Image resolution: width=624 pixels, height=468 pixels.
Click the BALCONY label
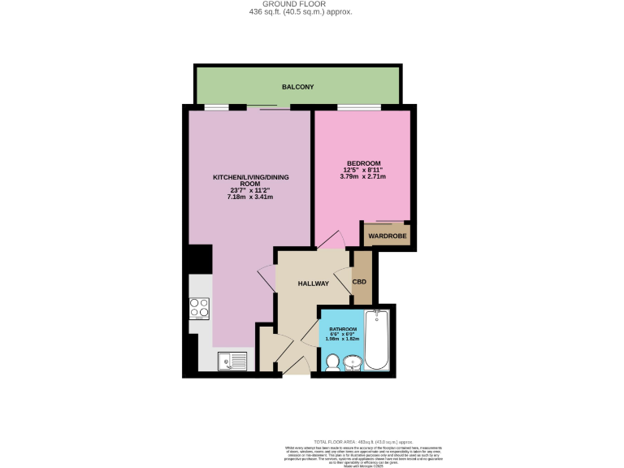coord(297,87)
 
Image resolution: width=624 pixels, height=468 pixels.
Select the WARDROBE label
coord(386,236)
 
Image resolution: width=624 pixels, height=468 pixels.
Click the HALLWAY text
coord(313,284)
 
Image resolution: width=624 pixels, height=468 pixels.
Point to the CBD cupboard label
coord(359,282)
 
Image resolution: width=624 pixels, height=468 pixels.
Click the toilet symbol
coord(331,362)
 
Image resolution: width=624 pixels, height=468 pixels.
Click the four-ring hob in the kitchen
coord(200,308)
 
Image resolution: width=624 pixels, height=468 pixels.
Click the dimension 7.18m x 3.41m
coord(250,197)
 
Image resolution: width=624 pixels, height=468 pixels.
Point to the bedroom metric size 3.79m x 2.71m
coord(362,176)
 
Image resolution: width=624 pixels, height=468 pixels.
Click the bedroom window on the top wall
coord(359,106)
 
